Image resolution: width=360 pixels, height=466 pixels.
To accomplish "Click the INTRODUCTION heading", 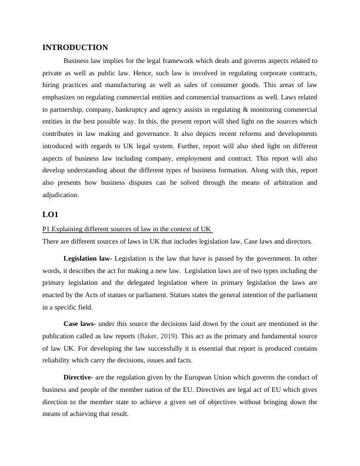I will coord(75,48).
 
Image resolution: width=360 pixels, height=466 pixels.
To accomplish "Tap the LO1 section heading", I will coord(51,215).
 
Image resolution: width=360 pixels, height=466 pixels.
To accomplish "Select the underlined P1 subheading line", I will coord(127,229).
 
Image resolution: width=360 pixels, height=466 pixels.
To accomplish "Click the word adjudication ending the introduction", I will coord(61,195).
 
